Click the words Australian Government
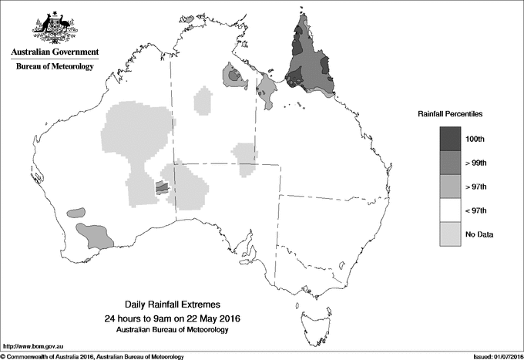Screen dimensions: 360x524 [55, 52]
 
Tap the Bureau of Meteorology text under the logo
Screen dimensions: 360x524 [55, 67]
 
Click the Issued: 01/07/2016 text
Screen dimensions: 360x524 [490, 355]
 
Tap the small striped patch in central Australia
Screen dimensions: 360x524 [161, 187]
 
